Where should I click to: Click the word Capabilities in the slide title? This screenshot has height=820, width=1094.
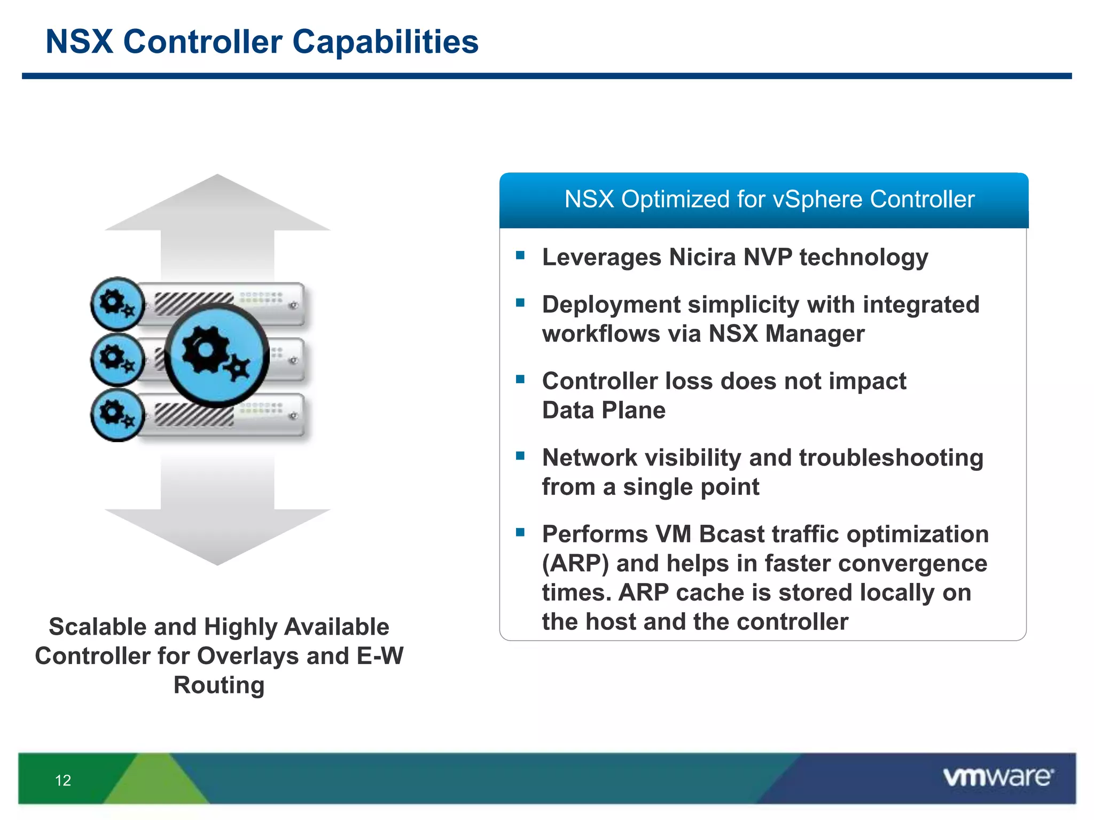pyautogui.click(x=385, y=42)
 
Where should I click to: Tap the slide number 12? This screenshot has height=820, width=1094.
pyautogui.click(x=63, y=780)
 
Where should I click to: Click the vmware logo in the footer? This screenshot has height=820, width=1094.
pyautogui.click(x=998, y=777)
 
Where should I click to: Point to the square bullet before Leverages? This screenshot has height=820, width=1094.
pyautogui.click(x=520, y=255)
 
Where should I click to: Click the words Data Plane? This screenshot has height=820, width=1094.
pyautogui.click(x=604, y=410)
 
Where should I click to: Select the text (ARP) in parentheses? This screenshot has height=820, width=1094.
pyautogui.click(x=575, y=563)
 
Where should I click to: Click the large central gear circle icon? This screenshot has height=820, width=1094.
pyautogui.click(x=216, y=355)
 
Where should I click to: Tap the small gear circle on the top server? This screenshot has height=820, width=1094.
pyautogui.click(x=117, y=304)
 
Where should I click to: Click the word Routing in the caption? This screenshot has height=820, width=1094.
pyautogui.click(x=219, y=685)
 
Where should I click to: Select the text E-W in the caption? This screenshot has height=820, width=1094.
pyautogui.click(x=380, y=656)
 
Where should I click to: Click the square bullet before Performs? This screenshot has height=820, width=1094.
pyautogui.click(x=520, y=532)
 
